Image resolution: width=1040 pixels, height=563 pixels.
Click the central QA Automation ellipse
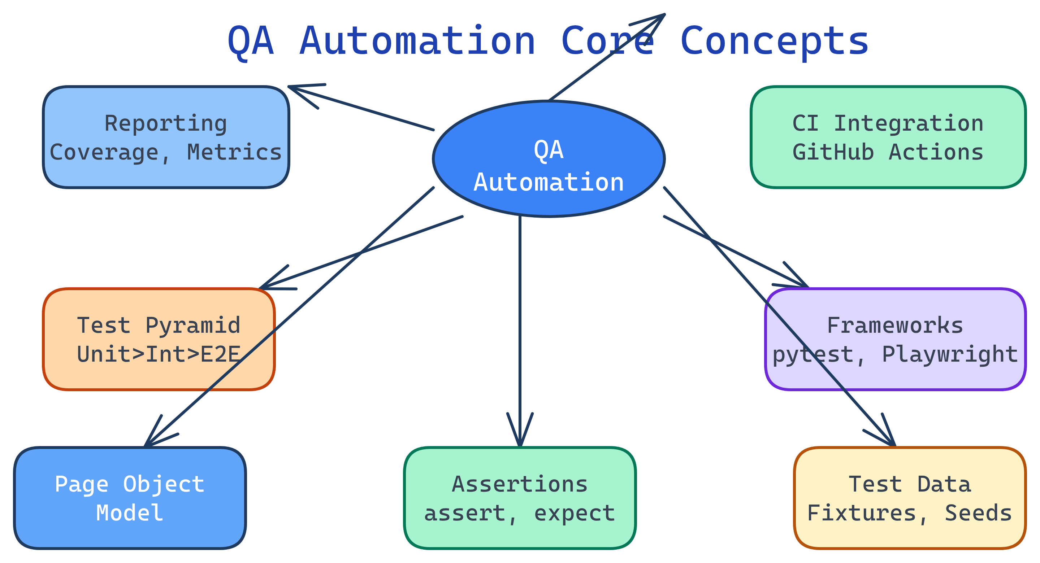click(x=548, y=158)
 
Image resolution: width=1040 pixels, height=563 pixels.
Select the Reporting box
click(x=166, y=137)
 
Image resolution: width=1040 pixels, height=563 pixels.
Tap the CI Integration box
click(x=888, y=137)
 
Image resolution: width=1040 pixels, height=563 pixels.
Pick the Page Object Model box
click(x=130, y=498)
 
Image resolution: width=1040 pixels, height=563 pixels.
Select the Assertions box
click(x=520, y=498)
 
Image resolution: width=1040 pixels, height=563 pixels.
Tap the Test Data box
click(x=910, y=498)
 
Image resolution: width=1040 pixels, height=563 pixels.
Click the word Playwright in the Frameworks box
click(x=950, y=354)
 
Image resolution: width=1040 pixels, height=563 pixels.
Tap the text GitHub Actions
click(x=888, y=152)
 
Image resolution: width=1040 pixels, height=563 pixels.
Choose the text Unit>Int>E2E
click(x=159, y=354)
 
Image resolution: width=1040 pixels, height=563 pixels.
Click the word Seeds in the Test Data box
click(x=978, y=513)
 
